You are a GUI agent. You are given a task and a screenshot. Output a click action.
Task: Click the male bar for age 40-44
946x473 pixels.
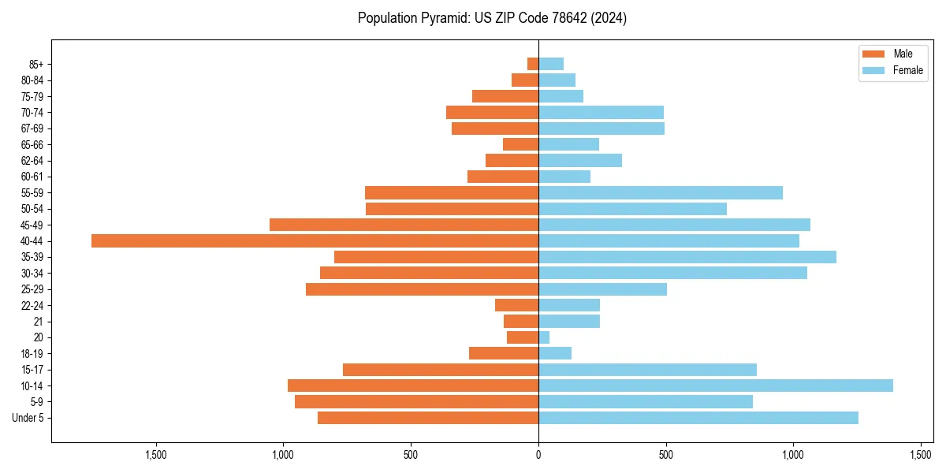pos(315,241)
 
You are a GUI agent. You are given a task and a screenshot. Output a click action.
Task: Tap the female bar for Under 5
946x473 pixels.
pos(698,418)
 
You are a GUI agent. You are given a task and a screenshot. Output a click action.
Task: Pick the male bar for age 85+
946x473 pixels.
pos(533,64)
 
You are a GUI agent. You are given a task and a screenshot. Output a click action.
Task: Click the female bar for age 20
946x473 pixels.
pos(544,337)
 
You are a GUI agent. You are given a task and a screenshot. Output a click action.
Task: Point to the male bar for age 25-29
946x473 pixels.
pos(422,289)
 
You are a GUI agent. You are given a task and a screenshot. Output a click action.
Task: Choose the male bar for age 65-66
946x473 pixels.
pos(520,144)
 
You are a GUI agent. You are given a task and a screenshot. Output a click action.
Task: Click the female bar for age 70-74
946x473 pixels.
pos(601,112)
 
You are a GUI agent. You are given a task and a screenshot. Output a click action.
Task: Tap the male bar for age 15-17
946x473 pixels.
pos(441,370)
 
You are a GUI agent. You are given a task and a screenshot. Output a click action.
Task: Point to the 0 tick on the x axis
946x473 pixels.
pos(538,454)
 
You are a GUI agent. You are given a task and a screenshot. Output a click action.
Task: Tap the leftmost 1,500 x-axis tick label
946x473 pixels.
pos(156,454)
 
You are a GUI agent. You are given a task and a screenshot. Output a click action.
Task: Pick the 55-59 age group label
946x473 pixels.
pos(32,193)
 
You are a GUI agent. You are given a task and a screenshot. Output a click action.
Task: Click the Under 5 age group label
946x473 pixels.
pos(28,418)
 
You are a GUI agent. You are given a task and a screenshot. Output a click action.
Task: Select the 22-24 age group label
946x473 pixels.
pos(32,306)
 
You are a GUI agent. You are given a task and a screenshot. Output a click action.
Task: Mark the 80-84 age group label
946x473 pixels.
pos(32,80)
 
